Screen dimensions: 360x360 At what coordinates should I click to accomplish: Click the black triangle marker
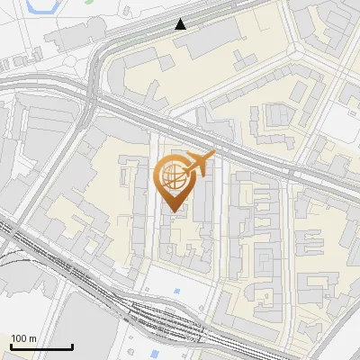pos(182,23)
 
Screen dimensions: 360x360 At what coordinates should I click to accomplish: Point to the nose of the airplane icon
pos(214,155)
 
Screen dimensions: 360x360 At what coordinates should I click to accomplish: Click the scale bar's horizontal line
pos(41,346)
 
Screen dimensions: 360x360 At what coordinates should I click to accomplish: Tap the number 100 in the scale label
pos(19,338)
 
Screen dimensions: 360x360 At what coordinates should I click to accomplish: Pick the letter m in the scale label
pos(32,338)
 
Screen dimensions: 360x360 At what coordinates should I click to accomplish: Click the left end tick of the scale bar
pos(11,345)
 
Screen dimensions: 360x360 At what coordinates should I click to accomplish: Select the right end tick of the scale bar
pos(72,345)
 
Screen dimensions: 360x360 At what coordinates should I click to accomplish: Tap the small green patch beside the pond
pos(89,2)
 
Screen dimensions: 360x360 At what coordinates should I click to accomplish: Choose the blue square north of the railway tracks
pos(176,292)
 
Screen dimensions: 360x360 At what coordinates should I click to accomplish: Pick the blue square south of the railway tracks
pos(133,339)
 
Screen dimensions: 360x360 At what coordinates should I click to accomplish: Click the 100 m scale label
pos(23,338)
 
